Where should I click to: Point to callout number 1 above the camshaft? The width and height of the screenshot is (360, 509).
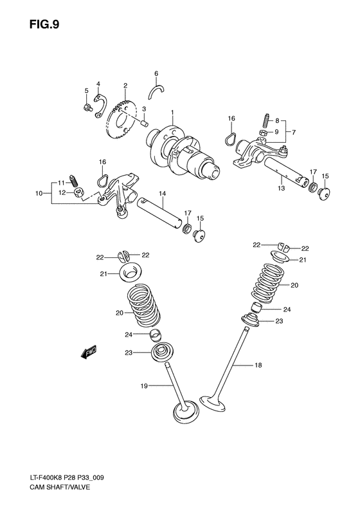172,113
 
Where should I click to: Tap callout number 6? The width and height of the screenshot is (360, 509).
156,73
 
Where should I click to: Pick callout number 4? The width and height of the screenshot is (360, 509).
98,84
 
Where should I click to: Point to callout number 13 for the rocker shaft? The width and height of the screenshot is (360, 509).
280,189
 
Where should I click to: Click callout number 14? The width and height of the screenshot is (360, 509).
163,193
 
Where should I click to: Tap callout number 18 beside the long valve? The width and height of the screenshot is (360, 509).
257,366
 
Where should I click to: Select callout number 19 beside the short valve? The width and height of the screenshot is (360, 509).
144,386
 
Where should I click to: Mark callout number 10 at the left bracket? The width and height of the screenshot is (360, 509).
39,192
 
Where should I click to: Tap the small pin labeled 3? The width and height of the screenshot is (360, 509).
145,124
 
